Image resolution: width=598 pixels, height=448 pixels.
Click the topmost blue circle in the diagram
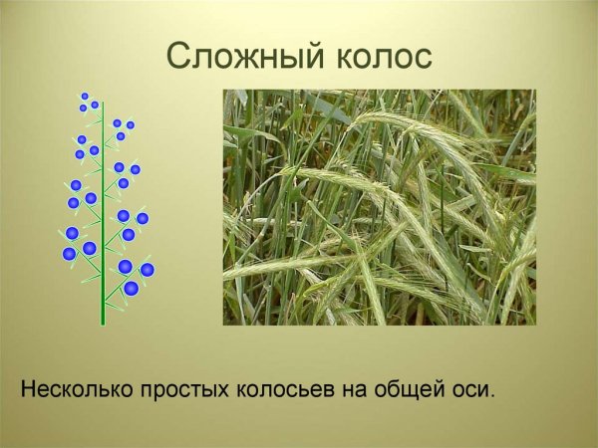pos(85,97)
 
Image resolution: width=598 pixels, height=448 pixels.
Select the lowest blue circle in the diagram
pos(131,289)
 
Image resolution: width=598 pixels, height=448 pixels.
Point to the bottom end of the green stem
pos(103,324)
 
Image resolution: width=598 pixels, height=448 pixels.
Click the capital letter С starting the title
pos(178,57)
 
